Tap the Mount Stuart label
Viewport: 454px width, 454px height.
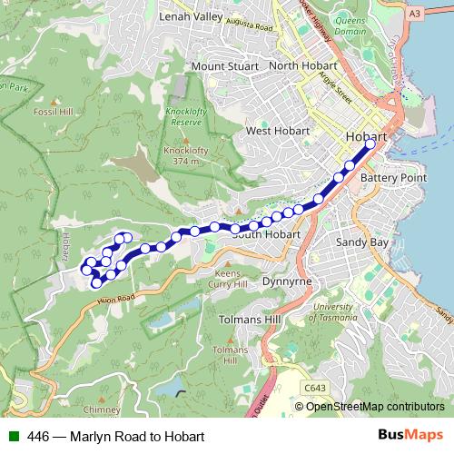tap(225, 66)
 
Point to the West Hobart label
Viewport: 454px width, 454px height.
tap(278, 132)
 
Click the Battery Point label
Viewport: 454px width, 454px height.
tap(393, 178)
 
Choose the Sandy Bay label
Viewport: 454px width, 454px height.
tap(362, 243)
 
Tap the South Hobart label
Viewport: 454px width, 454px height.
tap(265, 234)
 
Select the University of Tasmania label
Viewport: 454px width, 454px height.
tap(331, 312)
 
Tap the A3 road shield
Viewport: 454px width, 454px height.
tap(440, 14)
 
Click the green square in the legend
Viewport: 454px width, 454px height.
tap(14, 436)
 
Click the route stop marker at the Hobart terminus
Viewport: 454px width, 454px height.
tap(370, 143)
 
